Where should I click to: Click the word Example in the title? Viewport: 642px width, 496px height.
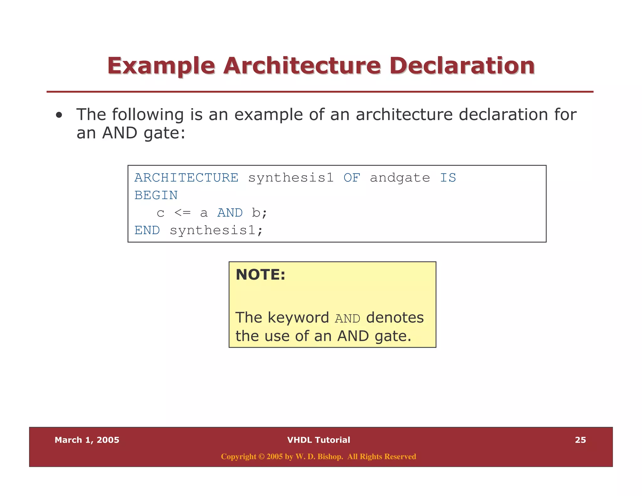coord(161,66)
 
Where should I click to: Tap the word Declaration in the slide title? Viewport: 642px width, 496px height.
coord(462,66)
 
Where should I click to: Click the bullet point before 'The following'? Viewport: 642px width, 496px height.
coord(59,115)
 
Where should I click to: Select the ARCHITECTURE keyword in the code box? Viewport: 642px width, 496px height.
coord(187,178)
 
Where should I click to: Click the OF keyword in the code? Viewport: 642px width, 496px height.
coord(352,178)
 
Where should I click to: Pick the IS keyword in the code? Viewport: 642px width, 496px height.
coord(448,178)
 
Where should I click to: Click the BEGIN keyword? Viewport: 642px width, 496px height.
coord(156,195)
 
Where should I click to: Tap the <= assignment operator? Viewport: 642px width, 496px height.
coord(182,213)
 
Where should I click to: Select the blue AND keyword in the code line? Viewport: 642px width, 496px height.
coord(230,213)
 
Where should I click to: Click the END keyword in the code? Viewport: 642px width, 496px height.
coord(147,230)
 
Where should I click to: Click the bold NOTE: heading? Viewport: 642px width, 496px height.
coord(260,275)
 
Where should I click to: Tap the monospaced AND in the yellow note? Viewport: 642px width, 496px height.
coord(347,319)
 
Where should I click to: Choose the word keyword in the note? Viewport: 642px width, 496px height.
coord(298,318)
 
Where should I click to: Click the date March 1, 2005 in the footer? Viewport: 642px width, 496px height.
coord(87,440)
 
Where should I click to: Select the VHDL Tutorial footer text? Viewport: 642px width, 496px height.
coord(318,440)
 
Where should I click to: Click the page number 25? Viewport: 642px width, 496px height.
coord(580,440)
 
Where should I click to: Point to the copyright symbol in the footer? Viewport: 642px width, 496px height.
coord(261,457)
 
